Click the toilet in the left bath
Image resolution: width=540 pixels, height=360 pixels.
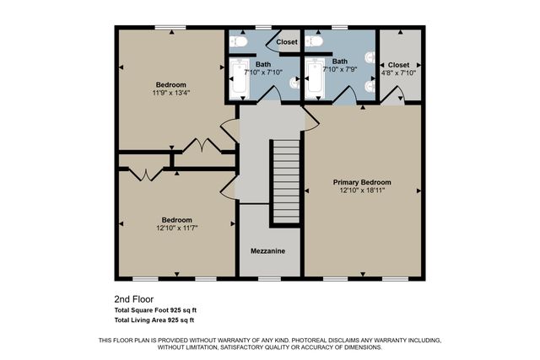tap(239, 40)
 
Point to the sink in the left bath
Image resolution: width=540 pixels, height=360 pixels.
tap(294, 82)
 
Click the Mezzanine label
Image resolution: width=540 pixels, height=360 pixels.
tap(267, 251)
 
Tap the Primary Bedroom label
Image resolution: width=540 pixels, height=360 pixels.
tap(361, 182)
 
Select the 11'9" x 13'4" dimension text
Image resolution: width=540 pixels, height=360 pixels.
tap(171, 93)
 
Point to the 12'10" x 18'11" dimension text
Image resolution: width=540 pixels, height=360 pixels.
tap(361, 191)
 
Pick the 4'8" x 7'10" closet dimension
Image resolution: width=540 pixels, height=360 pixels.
tap(399, 73)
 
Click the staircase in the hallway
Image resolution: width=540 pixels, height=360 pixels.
tap(286, 181)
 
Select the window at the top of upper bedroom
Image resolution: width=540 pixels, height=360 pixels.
tap(170, 27)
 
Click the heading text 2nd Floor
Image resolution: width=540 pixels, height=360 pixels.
tap(133, 299)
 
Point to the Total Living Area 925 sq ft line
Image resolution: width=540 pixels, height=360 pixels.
tap(154, 320)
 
